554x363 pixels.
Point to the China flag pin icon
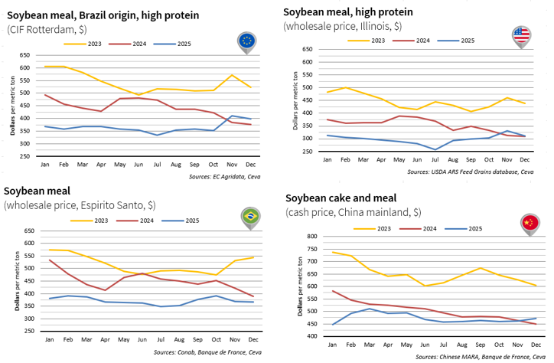click(529, 223)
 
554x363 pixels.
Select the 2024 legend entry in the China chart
click(423, 228)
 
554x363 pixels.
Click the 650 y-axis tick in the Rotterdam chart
click(26, 55)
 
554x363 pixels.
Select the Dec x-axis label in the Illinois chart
click(525, 159)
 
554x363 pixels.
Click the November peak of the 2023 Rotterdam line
click(233, 75)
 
